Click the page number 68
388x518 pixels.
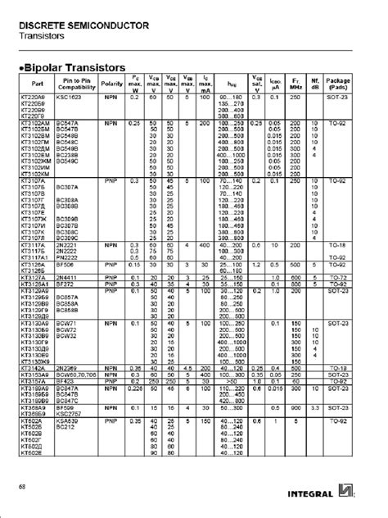click(x=22, y=489)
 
